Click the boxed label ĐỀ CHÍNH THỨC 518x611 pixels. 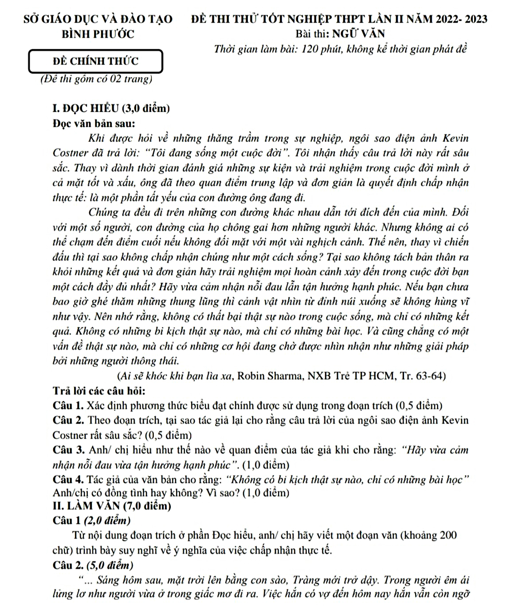95,61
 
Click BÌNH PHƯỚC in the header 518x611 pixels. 98,34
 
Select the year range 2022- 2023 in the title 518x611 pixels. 461,19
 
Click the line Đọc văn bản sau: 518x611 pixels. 94,123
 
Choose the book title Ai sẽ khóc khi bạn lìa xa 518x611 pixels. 177,376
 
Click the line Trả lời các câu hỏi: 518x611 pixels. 99,391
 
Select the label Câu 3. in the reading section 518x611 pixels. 68,450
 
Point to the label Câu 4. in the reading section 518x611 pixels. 68,480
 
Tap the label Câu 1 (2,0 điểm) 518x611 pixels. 91,521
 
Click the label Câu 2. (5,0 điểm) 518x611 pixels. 93,565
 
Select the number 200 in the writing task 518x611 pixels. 448,535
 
